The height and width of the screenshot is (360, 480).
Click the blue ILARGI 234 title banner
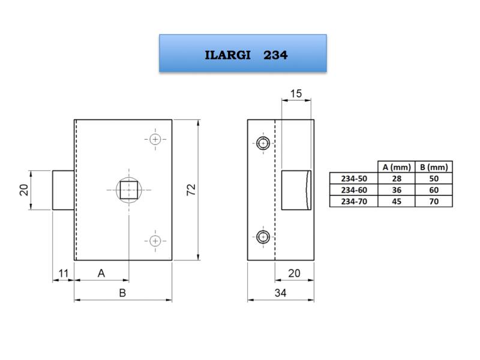pyautogui.click(x=243, y=53)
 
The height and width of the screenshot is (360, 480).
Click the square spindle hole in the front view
pyautogui.click(x=128, y=190)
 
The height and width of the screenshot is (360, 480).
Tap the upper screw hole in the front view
pyautogui.click(x=155, y=140)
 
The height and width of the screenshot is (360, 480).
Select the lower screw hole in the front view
pyautogui.click(x=155, y=241)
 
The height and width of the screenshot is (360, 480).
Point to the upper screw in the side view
pyautogui.click(x=263, y=143)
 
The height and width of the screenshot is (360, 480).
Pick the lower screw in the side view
pyautogui.click(x=263, y=236)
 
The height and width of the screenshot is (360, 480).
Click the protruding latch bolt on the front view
pyautogui.click(x=64, y=190)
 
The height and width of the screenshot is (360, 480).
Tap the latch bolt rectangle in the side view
pyautogui.click(x=296, y=190)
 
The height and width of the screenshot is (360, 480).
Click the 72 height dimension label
pyautogui.click(x=191, y=190)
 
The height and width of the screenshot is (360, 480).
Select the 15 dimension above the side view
pyautogui.click(x=296, y=94)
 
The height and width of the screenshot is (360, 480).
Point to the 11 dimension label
pyautogui.click(x=64, y=273)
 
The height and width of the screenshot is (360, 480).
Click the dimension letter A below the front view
pyautogui.click(x=101, y=273)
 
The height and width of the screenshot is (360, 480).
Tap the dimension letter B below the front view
pyautogui.click(x=122, y=293)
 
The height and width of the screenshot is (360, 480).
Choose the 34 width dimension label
pyautogui.click(x=280, y=293)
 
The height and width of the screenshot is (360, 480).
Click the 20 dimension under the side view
pyautogui.click(x=294, y=273)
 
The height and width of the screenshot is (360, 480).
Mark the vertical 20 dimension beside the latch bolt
pyautogui.click(x=24, y=190)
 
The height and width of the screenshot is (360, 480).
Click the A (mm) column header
pyautogui.click(x=397, y=167)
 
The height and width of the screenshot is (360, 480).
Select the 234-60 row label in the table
pyautogui.click(x=354, y=190)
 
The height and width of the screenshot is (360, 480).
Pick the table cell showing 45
pyautogui.click(x=397, y=202)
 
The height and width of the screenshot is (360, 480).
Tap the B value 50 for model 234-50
pyautogui.click(x=434, y=178)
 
